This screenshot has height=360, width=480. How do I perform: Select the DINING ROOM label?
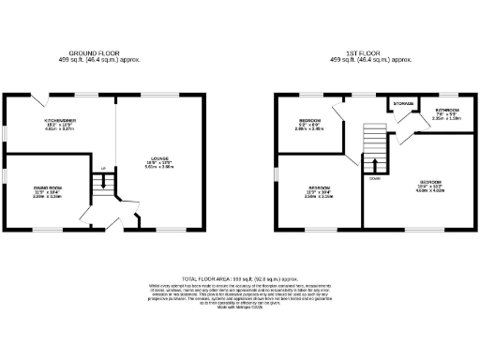click(x=47, y=188)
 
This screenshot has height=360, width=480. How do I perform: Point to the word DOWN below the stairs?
click(x=374, y=178)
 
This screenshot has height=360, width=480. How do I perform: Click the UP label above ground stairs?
click(x=103, y=169)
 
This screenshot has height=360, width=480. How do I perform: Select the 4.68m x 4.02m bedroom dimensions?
click(x=430, y=190)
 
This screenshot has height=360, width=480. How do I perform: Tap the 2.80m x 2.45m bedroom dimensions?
click(x=309, y=131)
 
